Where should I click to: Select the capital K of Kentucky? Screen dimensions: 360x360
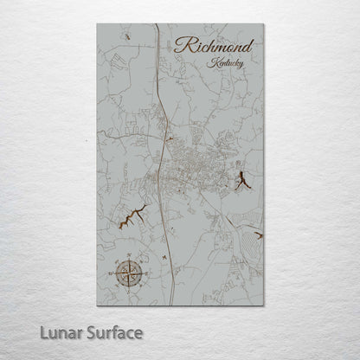[212, 62]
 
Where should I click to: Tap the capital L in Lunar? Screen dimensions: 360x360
[40, 332]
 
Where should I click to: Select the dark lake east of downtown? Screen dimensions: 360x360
[242, 182]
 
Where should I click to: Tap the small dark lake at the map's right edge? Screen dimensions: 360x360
[258, 235]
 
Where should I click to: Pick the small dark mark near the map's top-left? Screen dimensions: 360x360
[126, 37]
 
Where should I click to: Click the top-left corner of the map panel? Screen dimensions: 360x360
[98, 24]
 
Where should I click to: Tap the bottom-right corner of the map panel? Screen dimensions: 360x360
[262, 305]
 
